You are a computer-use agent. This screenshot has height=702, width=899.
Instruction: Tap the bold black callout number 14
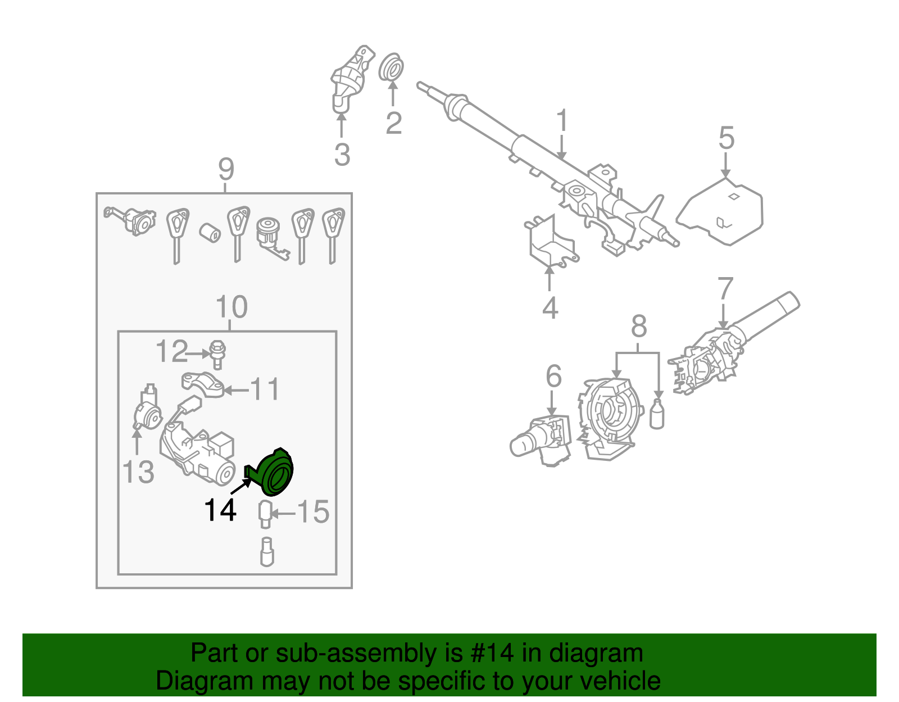pos(220,510)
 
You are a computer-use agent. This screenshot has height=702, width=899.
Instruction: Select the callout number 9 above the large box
pos(225,169)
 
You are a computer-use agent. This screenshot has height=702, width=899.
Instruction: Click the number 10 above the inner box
pos(231,307)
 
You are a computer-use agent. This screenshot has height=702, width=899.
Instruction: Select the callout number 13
pos(138,472)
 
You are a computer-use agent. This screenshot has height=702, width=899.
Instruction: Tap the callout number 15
pos(313,512)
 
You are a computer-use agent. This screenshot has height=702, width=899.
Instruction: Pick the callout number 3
pos(342,155)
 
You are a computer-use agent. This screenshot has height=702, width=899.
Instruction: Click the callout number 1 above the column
pos(562,121)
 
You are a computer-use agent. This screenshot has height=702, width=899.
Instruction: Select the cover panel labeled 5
pos(722,211)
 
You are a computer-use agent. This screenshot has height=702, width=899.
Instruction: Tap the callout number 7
pos(725,288)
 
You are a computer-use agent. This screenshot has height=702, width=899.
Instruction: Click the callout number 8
pos(639,326)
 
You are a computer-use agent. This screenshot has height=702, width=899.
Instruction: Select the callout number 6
pos(553,376)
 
